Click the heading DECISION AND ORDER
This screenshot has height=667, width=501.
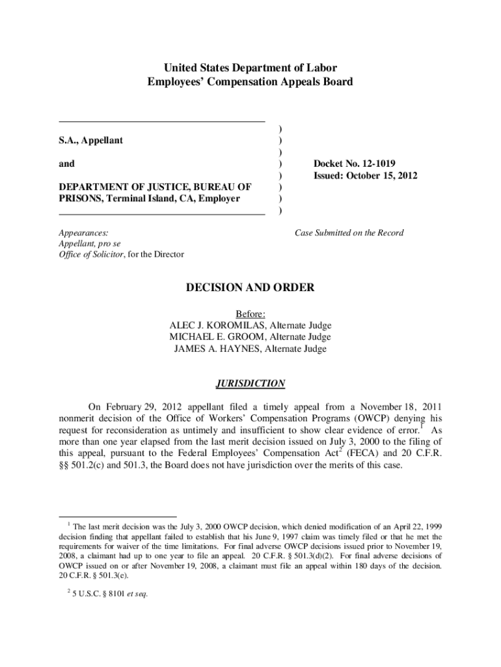[x=251, y=287]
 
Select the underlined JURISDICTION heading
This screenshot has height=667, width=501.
[x=251, y=383]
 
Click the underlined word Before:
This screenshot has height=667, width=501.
[x=251, y=313]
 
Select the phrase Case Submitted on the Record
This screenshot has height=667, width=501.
[x=349, y=233]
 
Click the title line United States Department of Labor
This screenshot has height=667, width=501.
[x=251, y=68]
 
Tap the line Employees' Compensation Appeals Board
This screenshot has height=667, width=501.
[x=251, y=82]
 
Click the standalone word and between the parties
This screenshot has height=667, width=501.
[x=66, y=164]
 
